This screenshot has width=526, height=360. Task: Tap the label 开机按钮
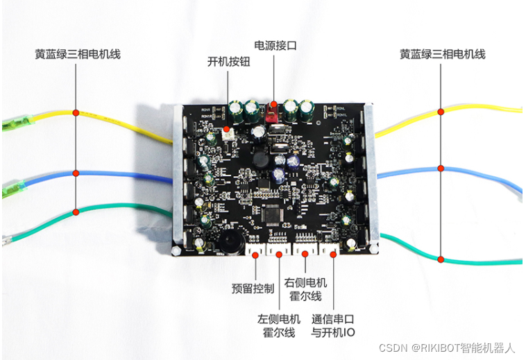click(228, 61)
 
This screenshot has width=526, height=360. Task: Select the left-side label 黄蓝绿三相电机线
click(78, 53)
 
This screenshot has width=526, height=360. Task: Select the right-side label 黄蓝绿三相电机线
click(442, 53)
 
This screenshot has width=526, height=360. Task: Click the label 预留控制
click(253, 287)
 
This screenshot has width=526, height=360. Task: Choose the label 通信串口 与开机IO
click(333, 325)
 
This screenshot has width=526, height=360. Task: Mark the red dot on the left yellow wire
click(76, 111)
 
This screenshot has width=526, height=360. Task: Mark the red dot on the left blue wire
click(76, 173)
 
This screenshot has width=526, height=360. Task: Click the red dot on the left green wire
click(76, 211)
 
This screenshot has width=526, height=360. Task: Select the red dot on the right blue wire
click(441, 167)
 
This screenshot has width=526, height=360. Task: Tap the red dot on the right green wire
click(441, 259)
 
